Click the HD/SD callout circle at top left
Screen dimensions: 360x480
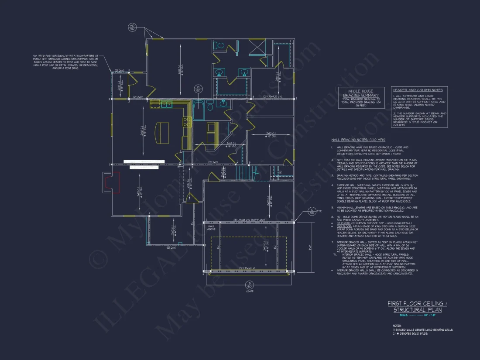[x=132, y=27]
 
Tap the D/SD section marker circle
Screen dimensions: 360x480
[x=198, y=89]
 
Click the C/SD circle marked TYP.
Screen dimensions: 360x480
[x=312, y=212]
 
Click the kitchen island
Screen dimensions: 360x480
[x=162, y=132]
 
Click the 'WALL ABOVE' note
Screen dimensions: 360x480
[x=212, y=227]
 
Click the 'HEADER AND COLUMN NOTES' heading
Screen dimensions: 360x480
[x=418, y=90]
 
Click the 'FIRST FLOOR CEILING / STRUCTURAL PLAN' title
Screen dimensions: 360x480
[x=415, y=306]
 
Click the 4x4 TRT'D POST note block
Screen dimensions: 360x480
[x=66, y=62]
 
